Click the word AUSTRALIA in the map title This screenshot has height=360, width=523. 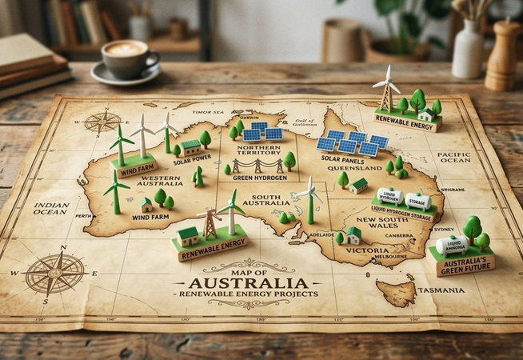[x=249, y=282]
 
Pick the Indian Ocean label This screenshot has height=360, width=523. [x=51, y=210]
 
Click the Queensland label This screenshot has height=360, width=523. [x=360, y=169]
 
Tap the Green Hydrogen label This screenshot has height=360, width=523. [x=260, y=177]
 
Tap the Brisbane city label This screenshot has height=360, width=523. [x=452, y=189]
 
